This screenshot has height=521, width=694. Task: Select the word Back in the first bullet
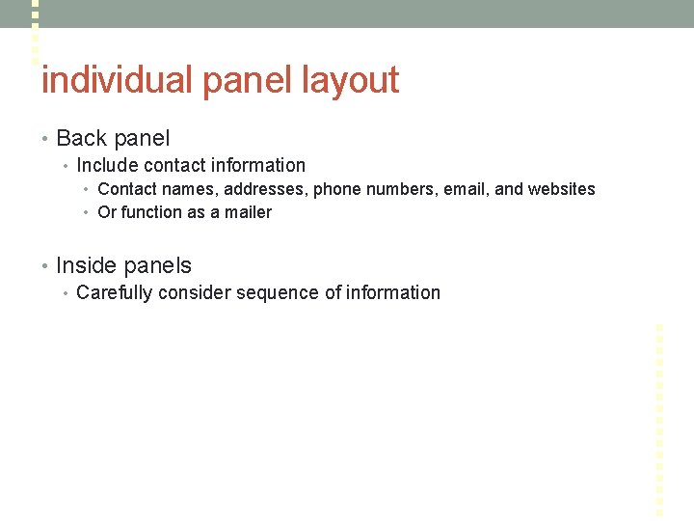(81, 139)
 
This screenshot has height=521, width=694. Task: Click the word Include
(107, 166)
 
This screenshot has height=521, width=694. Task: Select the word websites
(561, 189)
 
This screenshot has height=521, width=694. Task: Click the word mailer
(248, 212)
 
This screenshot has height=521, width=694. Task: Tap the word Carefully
(114, 292)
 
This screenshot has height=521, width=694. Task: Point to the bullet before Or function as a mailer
(87, 213)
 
